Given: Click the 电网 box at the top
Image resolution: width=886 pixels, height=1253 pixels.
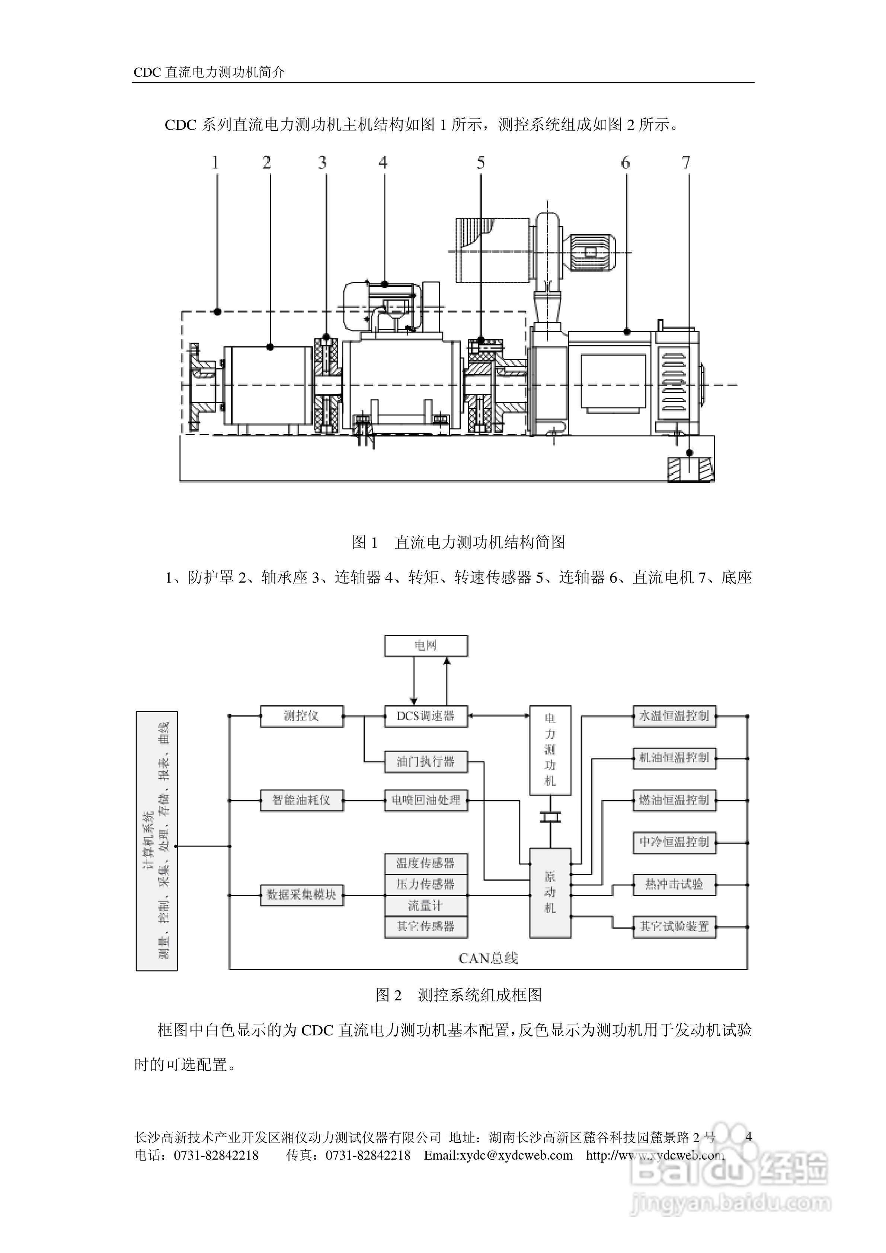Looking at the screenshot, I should coord(426,645).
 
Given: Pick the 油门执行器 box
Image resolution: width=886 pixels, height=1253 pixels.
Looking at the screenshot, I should coord(426,761).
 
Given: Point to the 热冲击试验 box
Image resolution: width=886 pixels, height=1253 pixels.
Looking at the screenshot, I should coord(674,884).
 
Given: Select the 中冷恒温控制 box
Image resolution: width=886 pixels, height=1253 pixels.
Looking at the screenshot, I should coord(674,842).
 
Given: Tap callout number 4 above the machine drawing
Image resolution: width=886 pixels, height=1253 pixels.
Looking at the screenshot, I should coord(383,163).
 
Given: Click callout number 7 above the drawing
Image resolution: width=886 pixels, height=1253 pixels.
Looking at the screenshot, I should coord(686,163).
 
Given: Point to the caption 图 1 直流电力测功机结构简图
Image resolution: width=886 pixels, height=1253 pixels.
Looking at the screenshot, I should coord(458,542).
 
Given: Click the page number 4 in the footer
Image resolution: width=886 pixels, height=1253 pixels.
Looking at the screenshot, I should coord(748,1137).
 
